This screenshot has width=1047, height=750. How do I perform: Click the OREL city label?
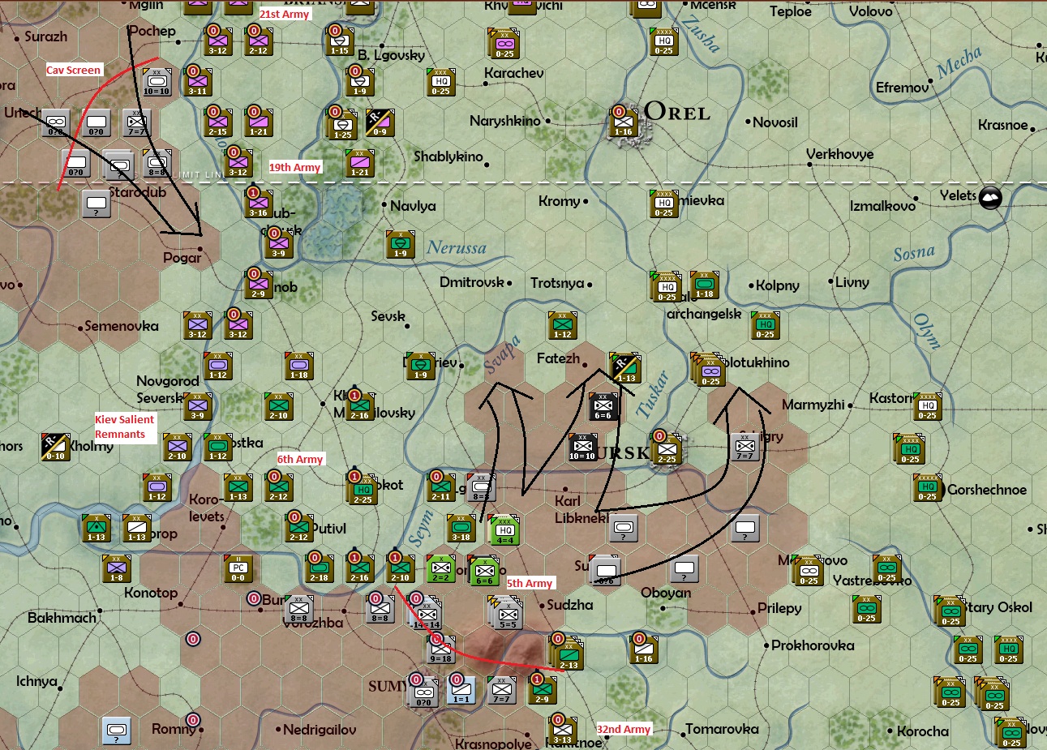[x=677, y=113]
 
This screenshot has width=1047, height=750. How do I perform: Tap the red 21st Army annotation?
[x=284, y=14]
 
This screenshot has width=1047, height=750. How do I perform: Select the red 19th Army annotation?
[x=294, y=167]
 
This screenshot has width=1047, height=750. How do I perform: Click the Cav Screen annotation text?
[x=73, y=70]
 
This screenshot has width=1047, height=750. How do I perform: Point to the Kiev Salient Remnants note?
[x=124, y=426]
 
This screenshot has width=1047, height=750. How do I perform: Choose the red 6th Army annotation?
[x=300, y=459]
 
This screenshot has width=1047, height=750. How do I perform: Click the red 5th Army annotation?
[x=530, y=583]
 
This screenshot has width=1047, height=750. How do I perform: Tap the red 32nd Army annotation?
[x=624, y=729]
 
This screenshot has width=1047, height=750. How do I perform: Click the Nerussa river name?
[x=457, y=247]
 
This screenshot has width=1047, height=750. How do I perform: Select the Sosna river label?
[x=914, y=254]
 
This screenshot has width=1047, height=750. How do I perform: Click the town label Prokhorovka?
[x=813, y=645]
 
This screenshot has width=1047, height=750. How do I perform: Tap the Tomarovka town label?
[x=722, y=729]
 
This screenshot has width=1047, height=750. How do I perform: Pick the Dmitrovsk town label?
[x=472, y=282]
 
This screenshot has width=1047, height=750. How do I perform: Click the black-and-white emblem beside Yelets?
[x=990, y=197]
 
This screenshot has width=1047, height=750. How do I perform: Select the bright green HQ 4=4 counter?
[x=504, y=530]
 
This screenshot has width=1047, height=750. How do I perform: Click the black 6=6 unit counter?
[x=603, y=407]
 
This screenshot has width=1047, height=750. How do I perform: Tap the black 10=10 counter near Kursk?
[x=582, y=448]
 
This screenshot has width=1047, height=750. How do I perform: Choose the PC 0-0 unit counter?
[x=238, y=569]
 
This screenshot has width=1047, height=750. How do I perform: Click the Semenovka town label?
[x=122, y=326]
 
